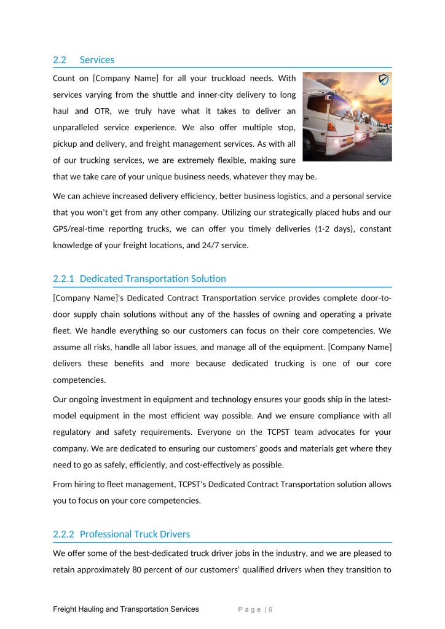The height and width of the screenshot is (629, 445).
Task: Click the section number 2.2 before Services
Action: click(60, 60)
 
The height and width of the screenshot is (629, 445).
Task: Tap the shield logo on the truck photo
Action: click(384, 80)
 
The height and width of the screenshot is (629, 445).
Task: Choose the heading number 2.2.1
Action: click(64, 278)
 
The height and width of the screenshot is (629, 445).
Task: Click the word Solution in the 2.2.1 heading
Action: click(208, 278)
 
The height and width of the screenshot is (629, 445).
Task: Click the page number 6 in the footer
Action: click(270, 609)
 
